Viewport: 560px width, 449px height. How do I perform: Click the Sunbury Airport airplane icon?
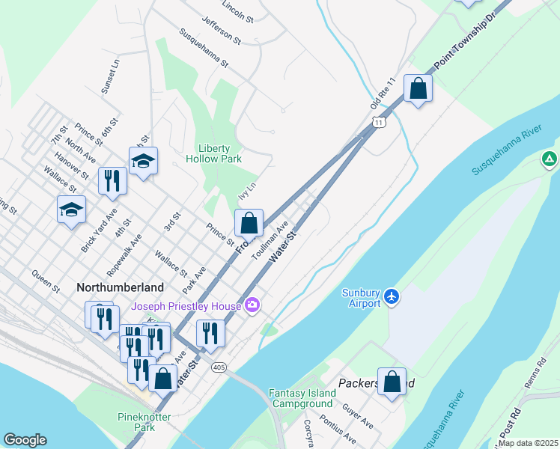pos(391,297)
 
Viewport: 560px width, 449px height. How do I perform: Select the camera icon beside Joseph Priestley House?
pos(252,305)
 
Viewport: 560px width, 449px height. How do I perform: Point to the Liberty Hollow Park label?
pos(219,153)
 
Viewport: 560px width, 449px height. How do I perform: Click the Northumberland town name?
pos(120,287)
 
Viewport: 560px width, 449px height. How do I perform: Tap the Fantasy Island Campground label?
pos(301,398)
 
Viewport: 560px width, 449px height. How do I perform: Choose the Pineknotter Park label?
pos(144,421)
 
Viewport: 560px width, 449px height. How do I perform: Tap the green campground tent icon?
pos(549,159)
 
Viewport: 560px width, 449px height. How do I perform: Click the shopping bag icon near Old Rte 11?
pos(418,89)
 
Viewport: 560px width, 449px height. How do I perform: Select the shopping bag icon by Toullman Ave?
pos(249,223)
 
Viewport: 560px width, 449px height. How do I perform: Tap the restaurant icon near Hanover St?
pos(112,180)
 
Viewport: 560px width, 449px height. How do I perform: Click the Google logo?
pos(25,440)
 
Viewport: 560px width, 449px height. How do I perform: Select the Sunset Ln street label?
pos(115,76)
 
